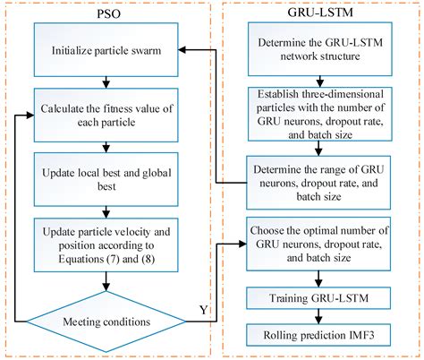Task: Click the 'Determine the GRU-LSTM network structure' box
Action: click(x=318, y=51)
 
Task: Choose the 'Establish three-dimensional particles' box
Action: click(x=318, y=113)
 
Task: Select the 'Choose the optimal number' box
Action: click(x=318, y=243)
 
